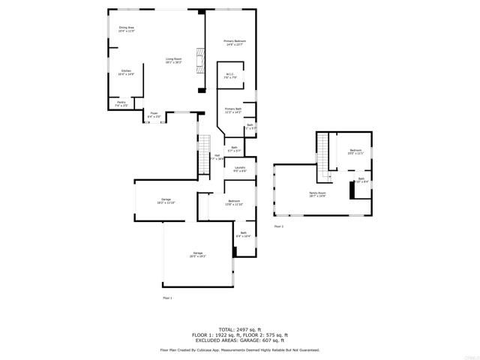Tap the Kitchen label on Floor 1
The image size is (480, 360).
click(x=126, y=73)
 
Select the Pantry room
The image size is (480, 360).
click(x=121, y=103)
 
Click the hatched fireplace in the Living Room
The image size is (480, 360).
click(x=199, y=61)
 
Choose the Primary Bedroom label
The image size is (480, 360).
click(x=235, y=43)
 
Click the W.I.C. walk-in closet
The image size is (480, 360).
click(x=231, y=75)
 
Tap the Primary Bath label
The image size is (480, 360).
click(x=233, y=110)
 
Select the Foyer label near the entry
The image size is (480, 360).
click(x=154, y=115)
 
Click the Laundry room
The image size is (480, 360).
click(x=240, y=169)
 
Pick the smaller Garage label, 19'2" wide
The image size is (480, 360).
click(x=166, y=201)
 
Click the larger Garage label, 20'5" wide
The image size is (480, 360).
click(x=198, y=254)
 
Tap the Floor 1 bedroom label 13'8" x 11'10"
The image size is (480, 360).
click(x=234, y=202)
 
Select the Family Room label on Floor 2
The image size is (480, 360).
click(x=317, y=194)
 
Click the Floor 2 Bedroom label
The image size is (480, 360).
click(x=355, y=152)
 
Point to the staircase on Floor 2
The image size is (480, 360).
click(x=324, y=154)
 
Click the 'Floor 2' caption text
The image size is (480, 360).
click(x=278, y=226)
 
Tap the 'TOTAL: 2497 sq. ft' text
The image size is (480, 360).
click(x=239, y=329)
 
